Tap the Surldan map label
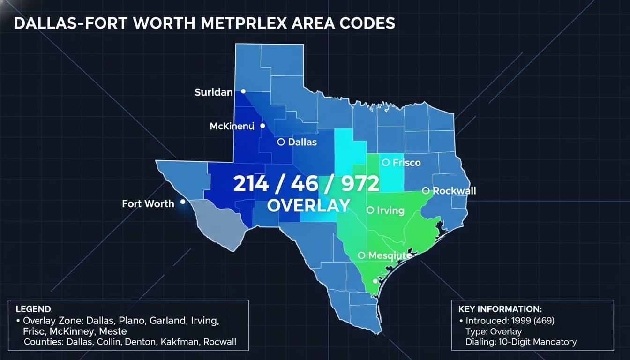pyautogui.click(x=213, y=92)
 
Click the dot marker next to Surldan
pyautogui.click(x=243, y=91)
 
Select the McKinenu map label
pyautogui.click(x=232, y=126)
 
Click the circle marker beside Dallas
pyautogui.click(x=281, y=142)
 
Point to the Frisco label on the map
pyautogui.click(x=406, y=163)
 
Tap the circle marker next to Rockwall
pyautogui.click(x=426, y=190)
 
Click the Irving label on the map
pyautogui.click(x=390, y=210)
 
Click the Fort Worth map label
pyautogui.click(x=148, y=203)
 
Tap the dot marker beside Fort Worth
pyautogui.click(x=182, y=202)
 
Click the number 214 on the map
pyautogui.click(x=251, y=184)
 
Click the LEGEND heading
pyautogui.click(x=33, y=309)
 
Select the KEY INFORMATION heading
pyautogui.click(x=500, y=309)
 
